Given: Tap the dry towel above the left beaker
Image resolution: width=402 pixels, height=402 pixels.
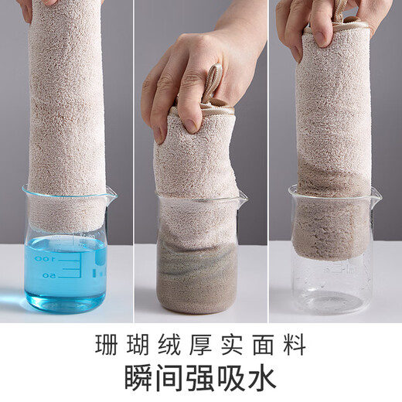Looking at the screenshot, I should (66, 100).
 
